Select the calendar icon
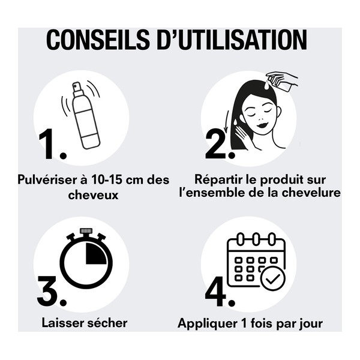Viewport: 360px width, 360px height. coord(255,261)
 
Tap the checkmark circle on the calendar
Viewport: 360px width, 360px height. coord(274,279)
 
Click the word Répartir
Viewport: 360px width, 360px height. coord(218,180)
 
